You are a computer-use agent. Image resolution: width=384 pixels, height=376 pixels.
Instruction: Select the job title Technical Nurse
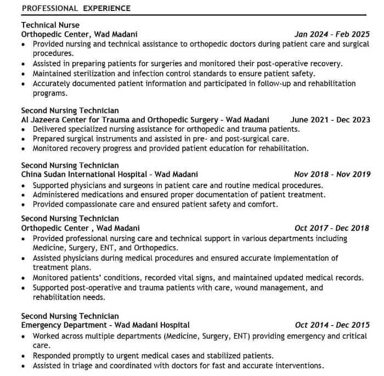(50, 25)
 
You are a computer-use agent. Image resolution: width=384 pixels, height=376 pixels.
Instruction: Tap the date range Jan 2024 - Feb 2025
(332, 34)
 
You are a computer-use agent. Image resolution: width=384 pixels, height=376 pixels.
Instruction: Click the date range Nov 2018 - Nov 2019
(332, 175)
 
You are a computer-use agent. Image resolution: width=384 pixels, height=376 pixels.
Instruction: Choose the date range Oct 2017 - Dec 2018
(332, 228)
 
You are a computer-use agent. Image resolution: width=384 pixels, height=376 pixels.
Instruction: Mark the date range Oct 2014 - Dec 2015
(332, 325)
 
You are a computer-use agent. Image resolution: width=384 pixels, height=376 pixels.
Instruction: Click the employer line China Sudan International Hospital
(109, 175)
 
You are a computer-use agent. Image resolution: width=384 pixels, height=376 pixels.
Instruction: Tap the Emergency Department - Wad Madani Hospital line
(105, 325)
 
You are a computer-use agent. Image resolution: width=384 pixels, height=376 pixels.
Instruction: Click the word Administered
(58, 194)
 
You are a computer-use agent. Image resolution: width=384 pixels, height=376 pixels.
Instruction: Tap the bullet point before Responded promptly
(24, 356)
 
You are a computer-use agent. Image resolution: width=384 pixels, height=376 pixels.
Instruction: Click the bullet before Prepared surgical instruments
(24, 139)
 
